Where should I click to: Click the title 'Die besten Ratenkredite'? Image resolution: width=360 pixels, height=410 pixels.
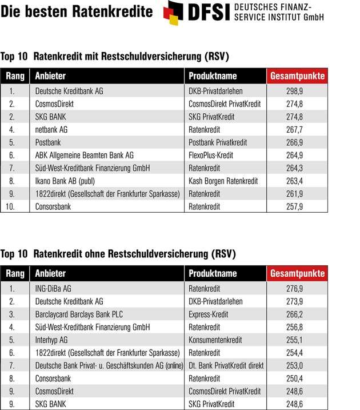pyautogui.click(x=77, y=11)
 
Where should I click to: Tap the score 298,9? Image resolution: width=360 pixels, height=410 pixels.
pyautogui.click(x=297, y=91)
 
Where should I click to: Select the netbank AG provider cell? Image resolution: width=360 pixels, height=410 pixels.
pyautogui.click(x=51, y=130)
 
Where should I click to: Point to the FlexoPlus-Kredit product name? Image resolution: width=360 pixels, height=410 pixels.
pyautogui.click(x=211, y=155)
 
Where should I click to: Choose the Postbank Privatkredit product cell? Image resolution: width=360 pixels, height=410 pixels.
pyautogui.click(x=218, y=142)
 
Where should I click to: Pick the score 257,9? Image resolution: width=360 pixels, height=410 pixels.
pyautogui.click(x=297, y=206)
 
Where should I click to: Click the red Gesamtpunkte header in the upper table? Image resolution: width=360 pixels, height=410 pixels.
pyautogui.click(x=297, y=76)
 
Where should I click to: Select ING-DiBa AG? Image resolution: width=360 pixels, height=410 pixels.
pyautogui.click(x=53, y=289)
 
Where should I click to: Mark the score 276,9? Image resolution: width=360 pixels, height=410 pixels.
pyautogui.click(x=297, y=289)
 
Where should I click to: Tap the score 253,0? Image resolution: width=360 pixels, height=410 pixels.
pyautogui.click(x=297, y=365)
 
